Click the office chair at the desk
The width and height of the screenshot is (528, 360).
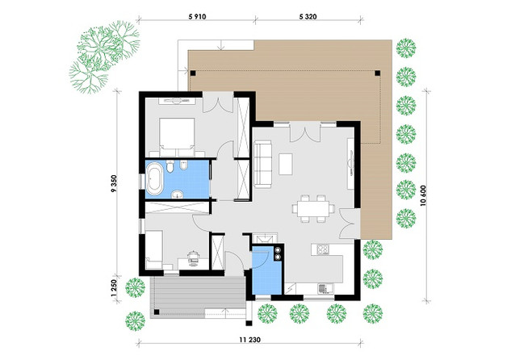193,256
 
